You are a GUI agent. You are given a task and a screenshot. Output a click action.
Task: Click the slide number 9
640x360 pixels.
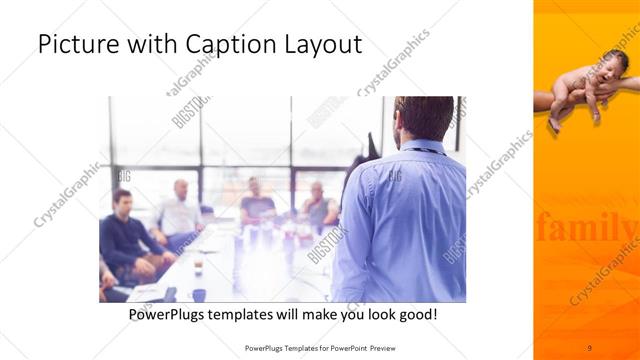coord(589,347)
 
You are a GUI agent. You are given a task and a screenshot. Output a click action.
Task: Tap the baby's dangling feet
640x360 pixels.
coord(556,122)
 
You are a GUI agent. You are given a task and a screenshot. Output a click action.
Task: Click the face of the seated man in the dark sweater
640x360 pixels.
coord(123,200)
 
